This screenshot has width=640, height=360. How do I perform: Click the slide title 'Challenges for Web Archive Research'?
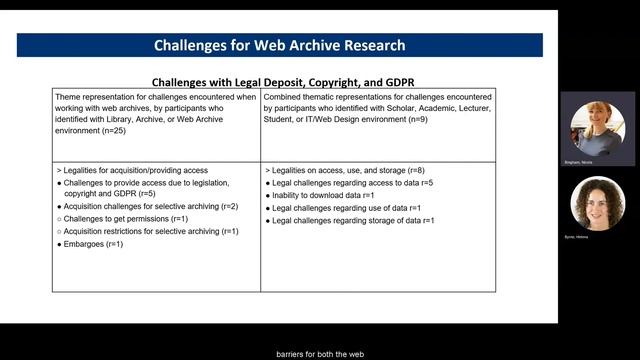coord(279,45)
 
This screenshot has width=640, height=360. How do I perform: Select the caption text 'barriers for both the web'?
coord(320,352)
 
